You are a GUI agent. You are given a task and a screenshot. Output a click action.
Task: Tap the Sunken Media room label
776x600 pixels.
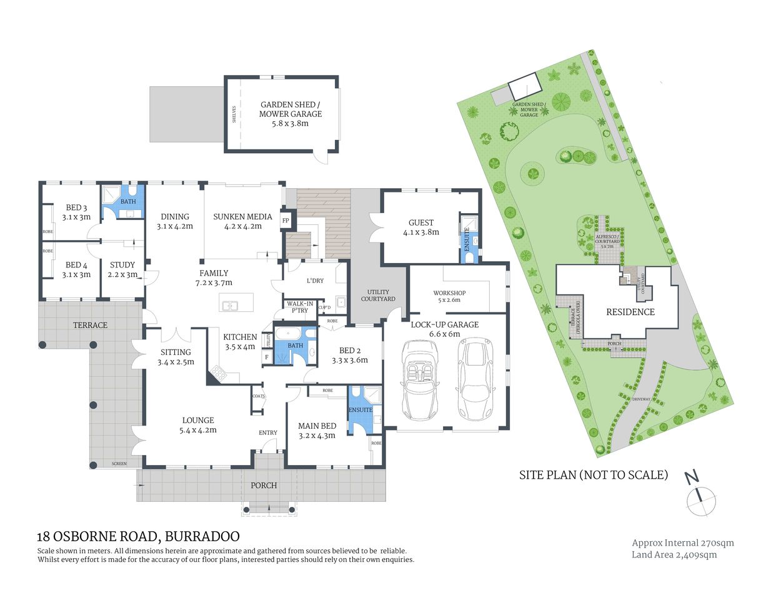242,217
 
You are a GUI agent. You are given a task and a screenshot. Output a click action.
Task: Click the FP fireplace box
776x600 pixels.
286,221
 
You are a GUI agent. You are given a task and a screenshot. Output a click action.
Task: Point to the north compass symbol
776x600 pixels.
700,497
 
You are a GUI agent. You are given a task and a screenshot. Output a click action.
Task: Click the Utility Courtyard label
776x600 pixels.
378,296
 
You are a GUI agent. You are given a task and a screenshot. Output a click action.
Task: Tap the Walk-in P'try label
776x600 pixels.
300,307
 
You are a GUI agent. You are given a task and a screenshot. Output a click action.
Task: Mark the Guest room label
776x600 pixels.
420,222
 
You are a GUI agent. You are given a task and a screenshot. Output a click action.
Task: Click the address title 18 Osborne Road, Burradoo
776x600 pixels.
138,536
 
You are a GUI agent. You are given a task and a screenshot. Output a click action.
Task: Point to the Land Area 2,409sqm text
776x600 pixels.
674,554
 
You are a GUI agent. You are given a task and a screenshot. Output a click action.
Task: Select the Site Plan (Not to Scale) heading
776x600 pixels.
593,475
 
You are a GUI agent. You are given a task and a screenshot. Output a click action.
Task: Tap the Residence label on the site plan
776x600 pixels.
630,312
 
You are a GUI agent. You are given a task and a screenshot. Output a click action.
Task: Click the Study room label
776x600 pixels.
122,265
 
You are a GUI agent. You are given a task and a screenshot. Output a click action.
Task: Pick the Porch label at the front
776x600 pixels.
263,485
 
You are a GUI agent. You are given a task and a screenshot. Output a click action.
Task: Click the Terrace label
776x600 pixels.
90,325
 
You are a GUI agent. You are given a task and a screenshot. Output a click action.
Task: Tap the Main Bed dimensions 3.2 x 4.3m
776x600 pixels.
317,436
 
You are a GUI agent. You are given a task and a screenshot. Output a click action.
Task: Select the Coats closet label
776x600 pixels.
258,396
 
